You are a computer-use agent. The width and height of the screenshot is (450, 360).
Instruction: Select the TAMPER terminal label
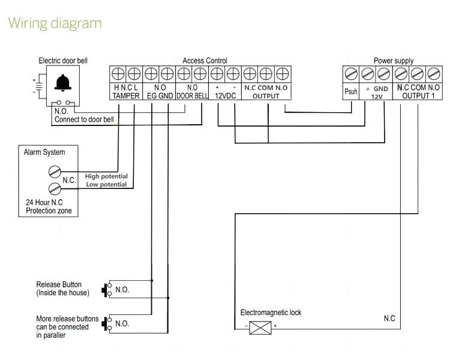click(127, 96)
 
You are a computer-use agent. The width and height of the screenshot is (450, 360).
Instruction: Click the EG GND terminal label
click(160, 96)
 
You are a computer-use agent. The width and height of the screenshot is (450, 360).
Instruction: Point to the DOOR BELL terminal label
click(192, 96)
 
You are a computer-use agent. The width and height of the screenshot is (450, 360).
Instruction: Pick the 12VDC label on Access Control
click(226, 96)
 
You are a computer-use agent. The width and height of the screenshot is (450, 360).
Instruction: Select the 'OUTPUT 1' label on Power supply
click(420, 96)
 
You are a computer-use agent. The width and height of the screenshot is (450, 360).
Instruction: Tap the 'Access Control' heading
click(205, 61)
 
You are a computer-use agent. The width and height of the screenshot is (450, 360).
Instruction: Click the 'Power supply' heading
click(393, 61)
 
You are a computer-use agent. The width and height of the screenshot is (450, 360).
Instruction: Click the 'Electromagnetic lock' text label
click(271, 313)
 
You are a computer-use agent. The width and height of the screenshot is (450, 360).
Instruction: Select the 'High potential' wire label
click(106, 176)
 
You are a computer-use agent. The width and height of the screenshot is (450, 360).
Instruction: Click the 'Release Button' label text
click(59, 284)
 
